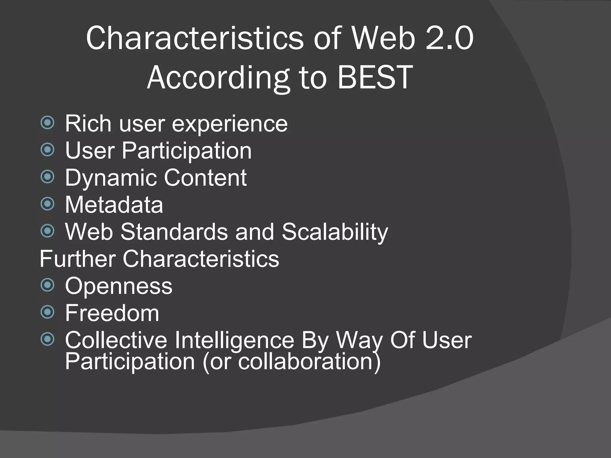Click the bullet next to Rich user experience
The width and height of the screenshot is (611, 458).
coord(47,123)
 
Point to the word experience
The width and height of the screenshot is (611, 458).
coord(230,124)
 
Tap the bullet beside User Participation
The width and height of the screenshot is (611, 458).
coord(47,149)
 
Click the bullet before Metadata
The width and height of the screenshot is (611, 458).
coord(47,204)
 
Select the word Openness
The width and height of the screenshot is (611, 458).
coord(119,286)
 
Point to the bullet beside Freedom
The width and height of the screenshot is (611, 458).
coord(47,312)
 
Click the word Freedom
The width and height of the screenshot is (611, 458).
coord(112,313)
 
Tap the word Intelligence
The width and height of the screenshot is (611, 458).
coord(234,340)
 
